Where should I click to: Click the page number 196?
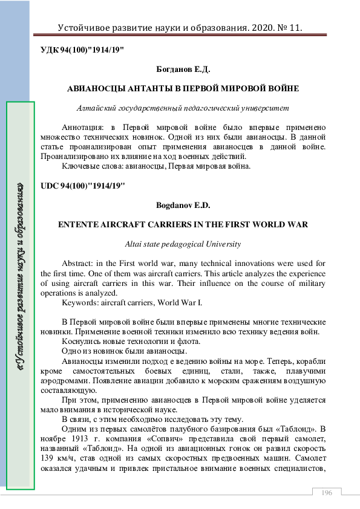(327, 493)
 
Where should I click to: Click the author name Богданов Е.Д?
(183, 70)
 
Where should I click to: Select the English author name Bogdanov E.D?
(183, 206)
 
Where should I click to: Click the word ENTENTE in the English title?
(79, 225)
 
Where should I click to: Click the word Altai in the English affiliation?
(134, 244)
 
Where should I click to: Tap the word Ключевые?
(80, 166)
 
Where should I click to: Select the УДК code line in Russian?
(82, 50)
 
